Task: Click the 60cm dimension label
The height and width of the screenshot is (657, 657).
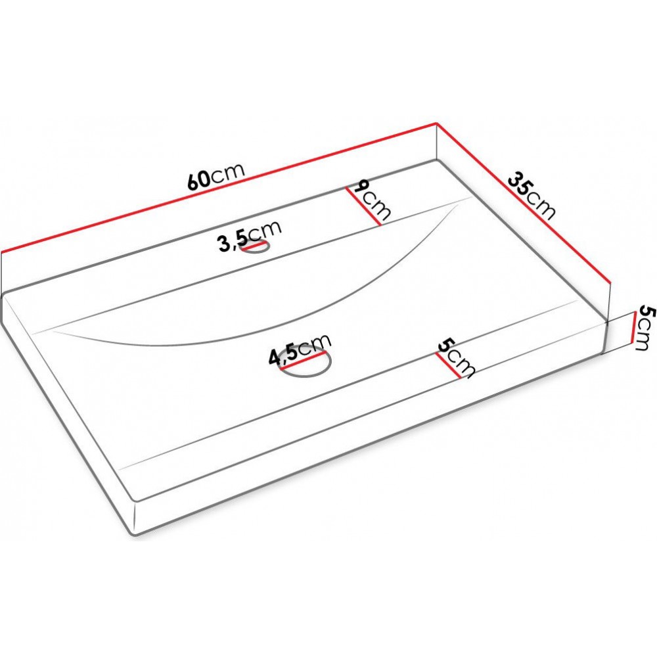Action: pyautogui.click(x=215, y=175)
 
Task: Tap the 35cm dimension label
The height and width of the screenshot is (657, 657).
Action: pyautogui.click(x=532, y=195)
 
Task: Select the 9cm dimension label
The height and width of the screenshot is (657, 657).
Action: pyautogui.click(x=372, y=200)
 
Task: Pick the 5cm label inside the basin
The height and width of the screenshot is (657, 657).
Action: pyautogui.click(x=456, y=358)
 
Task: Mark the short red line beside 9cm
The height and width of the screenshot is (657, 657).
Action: pyautogui.click(x=363, y=206)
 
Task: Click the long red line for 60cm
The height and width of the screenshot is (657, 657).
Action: pyautogui.click(x=219, y=188)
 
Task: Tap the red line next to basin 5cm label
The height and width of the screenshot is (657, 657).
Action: pyautogui.click(x=448, y=365)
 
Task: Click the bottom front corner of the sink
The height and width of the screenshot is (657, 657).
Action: pyautogui.click(x=133, y=535)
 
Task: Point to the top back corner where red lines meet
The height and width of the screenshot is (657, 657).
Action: pyautogui.click(x=437, y=123)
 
